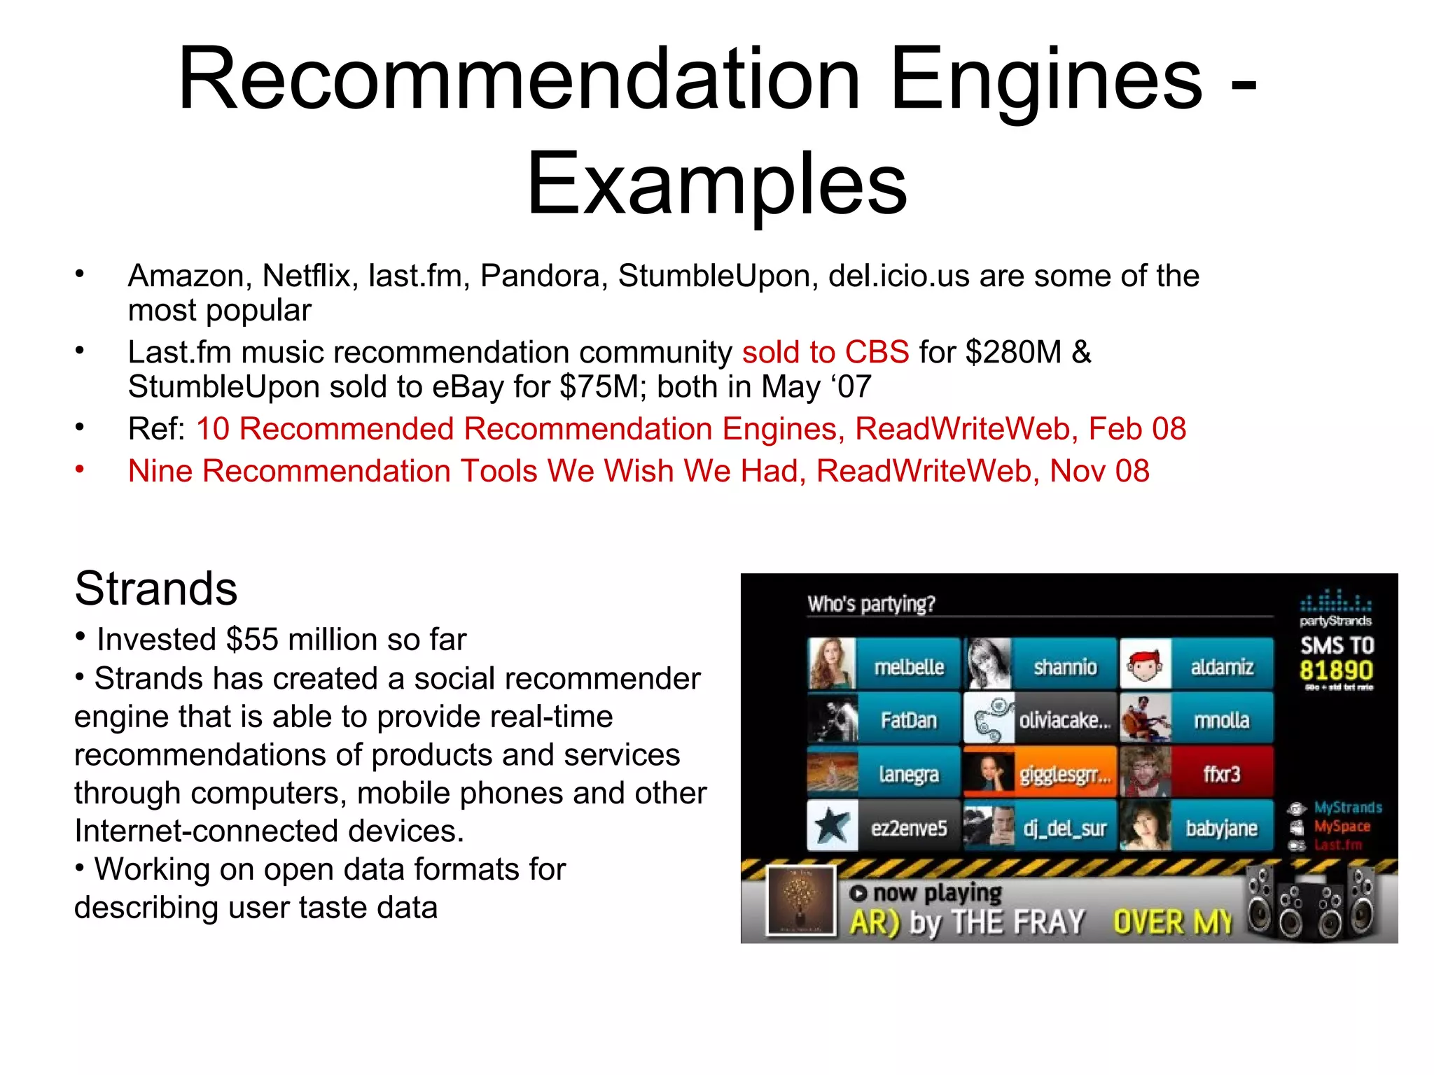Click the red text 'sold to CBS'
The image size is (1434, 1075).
[826, 353]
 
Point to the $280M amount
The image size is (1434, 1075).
[1013, 353]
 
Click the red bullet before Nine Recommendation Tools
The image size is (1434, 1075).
[80, 469]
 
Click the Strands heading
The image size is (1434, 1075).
[155, 588]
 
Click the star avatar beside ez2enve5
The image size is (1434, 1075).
[832, 827]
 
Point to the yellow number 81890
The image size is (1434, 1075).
[1336, 670]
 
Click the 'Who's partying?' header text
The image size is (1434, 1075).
[871, 604]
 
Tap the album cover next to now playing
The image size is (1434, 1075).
[801, 901]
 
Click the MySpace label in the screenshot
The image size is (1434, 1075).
[1341, 827]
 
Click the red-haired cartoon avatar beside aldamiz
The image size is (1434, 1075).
[1144, 665]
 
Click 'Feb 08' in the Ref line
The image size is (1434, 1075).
[1137, 429]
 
